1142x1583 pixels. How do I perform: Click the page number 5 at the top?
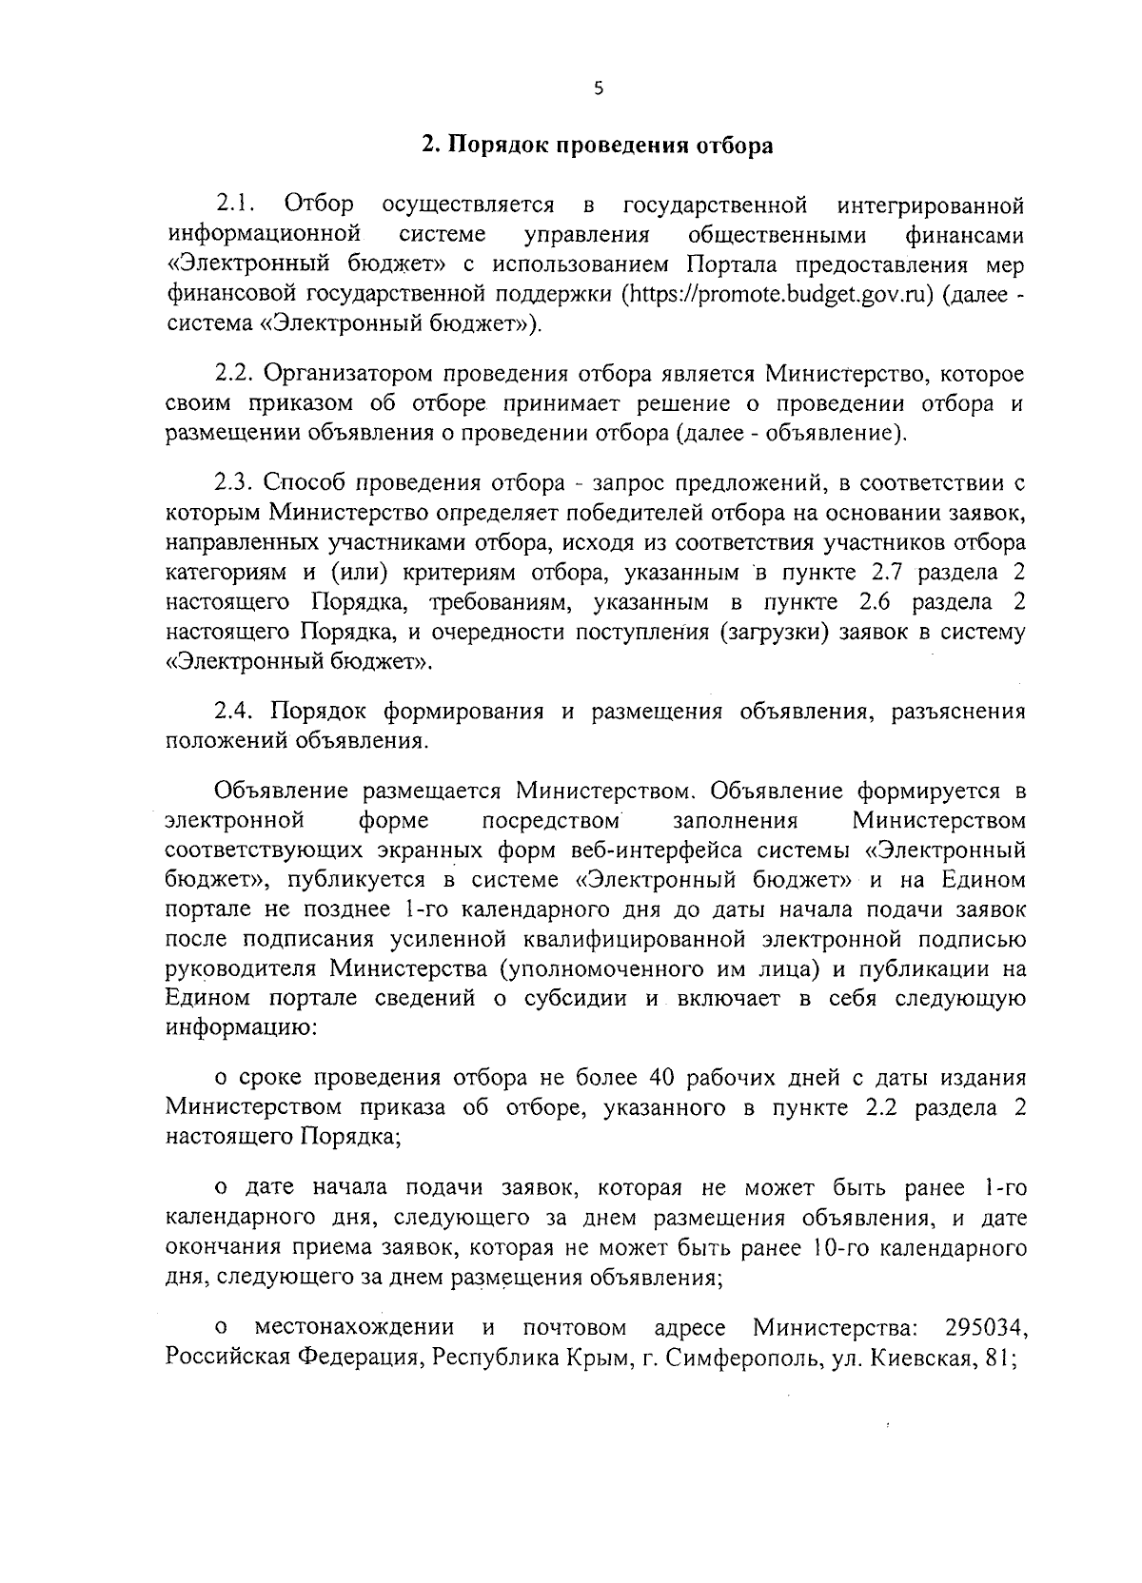[x=598, y=88]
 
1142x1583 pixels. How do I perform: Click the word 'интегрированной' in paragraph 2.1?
[x=932, y=205]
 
